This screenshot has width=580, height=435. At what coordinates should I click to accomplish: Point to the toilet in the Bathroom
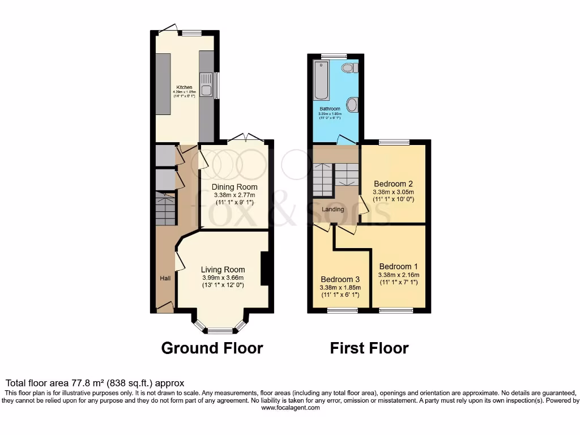(x=350, y=68)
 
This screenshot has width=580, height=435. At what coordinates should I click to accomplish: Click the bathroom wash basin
(x=352, y=105)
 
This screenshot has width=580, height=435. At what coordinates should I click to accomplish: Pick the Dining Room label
(x=234, y=187)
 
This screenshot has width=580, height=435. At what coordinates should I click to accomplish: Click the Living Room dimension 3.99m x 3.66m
(x=223, y=278)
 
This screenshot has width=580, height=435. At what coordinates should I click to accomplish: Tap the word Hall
(x=165, y=278)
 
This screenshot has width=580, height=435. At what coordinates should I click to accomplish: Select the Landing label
(x=332, y=210)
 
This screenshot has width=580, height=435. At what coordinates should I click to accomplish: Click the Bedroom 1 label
(x=398, y=267)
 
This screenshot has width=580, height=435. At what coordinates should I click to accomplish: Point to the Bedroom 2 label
(x=393, y=184)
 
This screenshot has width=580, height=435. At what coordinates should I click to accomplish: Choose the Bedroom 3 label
(x=340, y=279)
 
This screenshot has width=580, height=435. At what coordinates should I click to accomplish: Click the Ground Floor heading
(x=212, y=348)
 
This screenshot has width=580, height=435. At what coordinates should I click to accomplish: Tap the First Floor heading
(x=369, y=348)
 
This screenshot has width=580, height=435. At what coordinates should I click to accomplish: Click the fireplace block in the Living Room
(x=264, y=269)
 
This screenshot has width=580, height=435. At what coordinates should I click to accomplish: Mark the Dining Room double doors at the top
(x=246, y=138)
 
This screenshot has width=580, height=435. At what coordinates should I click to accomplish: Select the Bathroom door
(x=344, y=140)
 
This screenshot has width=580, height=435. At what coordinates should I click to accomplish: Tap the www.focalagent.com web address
(x=289, y=408)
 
